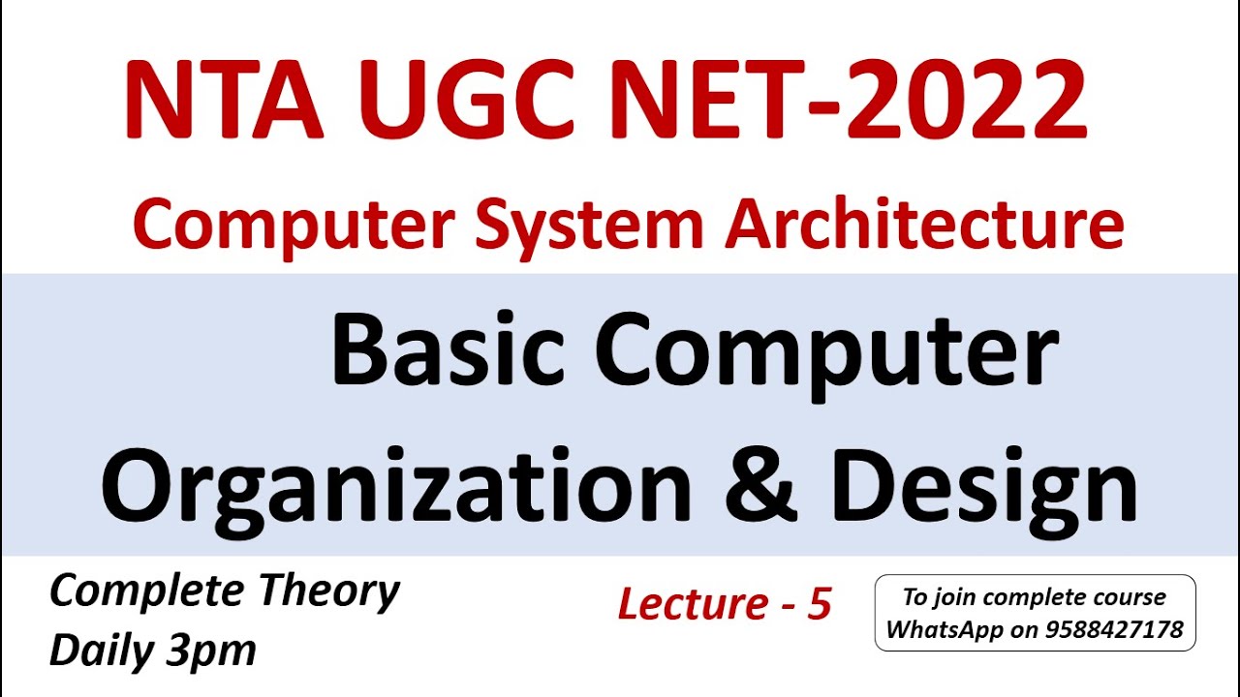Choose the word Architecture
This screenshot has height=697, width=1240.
coord(925,225)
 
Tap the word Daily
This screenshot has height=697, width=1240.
coord(101,651)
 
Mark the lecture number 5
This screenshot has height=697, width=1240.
coord(820,604)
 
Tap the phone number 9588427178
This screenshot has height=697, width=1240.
coord(1114,630)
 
